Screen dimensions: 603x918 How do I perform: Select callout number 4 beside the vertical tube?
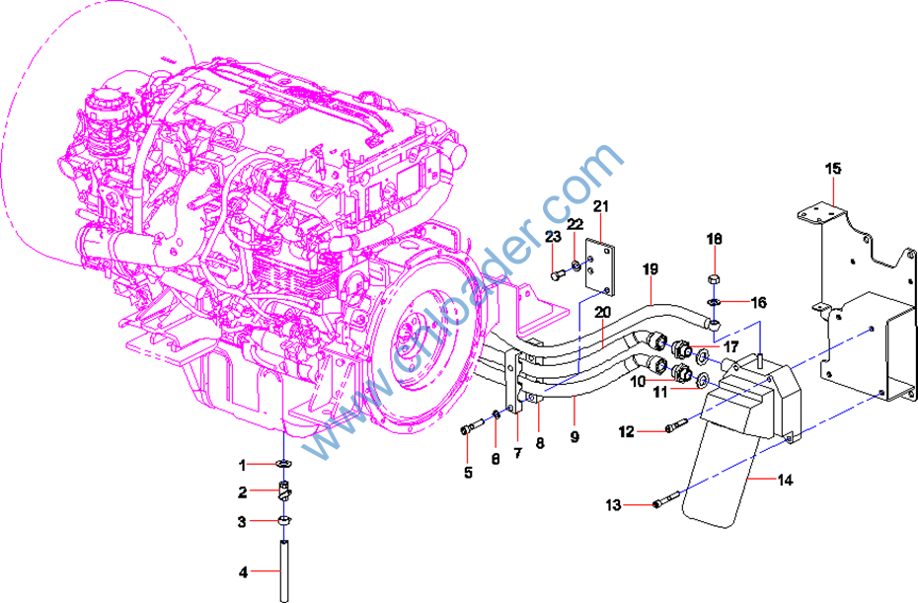[x=242, y=571]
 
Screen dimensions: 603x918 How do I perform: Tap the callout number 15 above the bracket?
[x=833, y=169]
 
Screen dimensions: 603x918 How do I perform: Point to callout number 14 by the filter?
[x=786, y=481]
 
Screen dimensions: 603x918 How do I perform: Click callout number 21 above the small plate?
[x=601, y=205]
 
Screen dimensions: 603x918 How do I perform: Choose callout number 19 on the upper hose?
[x=650, y=269]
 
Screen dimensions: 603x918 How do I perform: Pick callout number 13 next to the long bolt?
[x=614, y=505]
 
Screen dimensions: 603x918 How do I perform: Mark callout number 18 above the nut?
[x=715, y=239]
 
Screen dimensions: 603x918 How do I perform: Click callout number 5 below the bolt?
[x=468, y=473]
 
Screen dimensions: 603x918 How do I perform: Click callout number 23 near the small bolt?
[x=553, y=235]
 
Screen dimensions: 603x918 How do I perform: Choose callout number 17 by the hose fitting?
[x=730, y=347]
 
